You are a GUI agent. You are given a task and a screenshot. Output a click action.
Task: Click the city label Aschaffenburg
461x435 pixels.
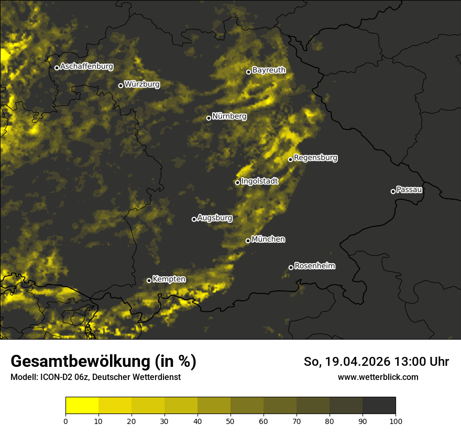pyautogui.click(x=86, y=67)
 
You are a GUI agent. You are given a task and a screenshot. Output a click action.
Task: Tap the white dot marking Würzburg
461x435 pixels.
pyautogui.click(x=120, y=85)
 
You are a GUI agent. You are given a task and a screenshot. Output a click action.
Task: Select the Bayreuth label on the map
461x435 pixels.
pyautogui.click(x=269, y=70)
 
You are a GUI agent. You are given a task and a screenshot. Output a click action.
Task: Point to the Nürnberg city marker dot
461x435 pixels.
pyautogui.click(x=208, y=118)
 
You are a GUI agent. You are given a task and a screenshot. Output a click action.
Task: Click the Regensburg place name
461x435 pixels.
pyautogui.click(x=315, y=158)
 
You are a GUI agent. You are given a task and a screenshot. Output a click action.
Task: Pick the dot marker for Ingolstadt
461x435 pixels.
pyautogui.click(x=237, y=182)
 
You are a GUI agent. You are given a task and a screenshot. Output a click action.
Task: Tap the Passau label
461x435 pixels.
pyautogui.click(x=409, y=190)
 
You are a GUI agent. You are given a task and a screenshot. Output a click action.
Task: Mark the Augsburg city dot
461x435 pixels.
pyautogui.click(x=194, y=219)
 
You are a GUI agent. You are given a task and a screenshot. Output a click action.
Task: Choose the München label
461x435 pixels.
pyautogui.click(x=268, y=240)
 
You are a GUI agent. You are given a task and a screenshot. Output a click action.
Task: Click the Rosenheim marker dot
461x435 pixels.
pyautogui.click(x=291, y=268)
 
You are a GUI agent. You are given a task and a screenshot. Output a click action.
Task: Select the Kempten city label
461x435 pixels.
pyautogui.click(x=169, y=279)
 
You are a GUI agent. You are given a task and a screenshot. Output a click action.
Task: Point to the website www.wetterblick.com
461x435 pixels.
pyautogui.click(x=378, y=377)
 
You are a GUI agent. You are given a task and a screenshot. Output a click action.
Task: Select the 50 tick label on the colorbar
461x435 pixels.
pyautogui.click(x=230, y=421)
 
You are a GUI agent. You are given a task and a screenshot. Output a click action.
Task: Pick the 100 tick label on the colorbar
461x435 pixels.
pyautogui.click(x=396, y=421)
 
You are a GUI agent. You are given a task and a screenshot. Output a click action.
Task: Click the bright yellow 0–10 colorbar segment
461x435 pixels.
pyautogui.click(x=82, y=406)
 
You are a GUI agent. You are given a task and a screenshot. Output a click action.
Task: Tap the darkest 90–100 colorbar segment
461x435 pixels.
pyautogui.click(x=379, y=406)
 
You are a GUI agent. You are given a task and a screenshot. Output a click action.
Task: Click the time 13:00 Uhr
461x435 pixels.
pyautogui.click(x=425, y=362)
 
